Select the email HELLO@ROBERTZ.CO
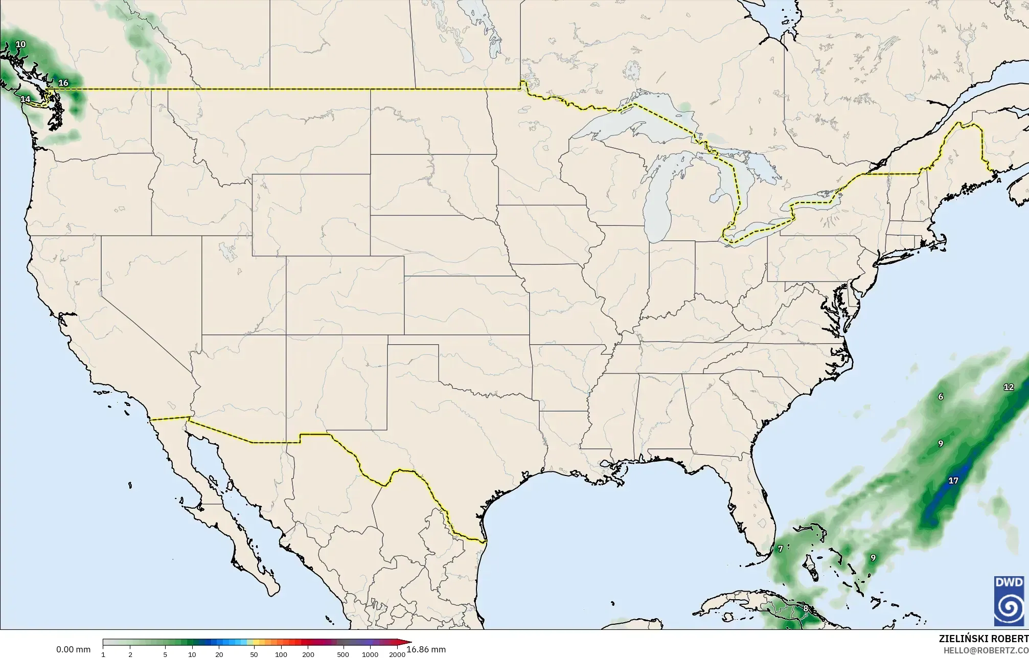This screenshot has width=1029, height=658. point(986,650)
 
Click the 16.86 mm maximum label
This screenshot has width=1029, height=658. point(426,649)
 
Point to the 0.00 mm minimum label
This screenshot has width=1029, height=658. point(73,649)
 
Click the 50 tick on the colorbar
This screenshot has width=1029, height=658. point(254,654)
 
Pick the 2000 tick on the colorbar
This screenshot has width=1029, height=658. point(397,654)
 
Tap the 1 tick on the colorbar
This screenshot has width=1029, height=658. point(103,654)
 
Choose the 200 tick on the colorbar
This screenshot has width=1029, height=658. point(308,654)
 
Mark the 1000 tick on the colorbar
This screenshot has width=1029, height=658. point(370,654)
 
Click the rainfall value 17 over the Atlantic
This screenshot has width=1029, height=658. point(953,481)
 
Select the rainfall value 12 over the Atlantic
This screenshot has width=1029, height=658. point(1009,387)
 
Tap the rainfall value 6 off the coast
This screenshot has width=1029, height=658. point(941,396)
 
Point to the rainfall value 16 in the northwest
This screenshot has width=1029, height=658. point(63,83)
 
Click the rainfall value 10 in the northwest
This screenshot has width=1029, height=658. point(20,44)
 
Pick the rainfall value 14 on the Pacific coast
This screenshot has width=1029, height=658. point(25,99)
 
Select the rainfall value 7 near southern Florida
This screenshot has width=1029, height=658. point(781,549)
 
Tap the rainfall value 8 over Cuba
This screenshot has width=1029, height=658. point(806,608)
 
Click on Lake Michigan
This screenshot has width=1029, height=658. point(657,205)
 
